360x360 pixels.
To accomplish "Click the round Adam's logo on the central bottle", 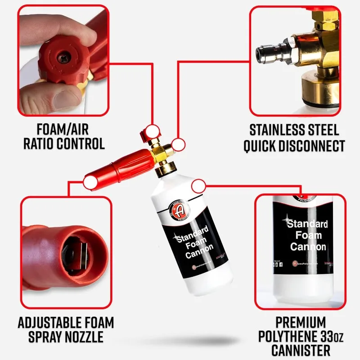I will point(179,211).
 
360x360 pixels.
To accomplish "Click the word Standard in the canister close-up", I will point(306,224).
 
